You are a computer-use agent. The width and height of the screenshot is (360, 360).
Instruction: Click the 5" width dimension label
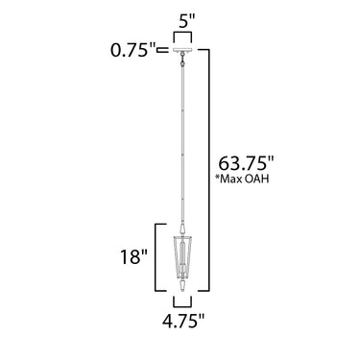click(185, 22)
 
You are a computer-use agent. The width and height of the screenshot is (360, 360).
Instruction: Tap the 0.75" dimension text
click(132, 50)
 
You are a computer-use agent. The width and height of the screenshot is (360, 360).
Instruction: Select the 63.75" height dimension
click(246, 163)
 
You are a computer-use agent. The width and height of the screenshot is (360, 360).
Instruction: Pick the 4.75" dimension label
click(183, 321)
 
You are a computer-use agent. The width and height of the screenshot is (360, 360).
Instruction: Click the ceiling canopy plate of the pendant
click(182, 51)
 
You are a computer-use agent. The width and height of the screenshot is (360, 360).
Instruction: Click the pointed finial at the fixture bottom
click(182, 285)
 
